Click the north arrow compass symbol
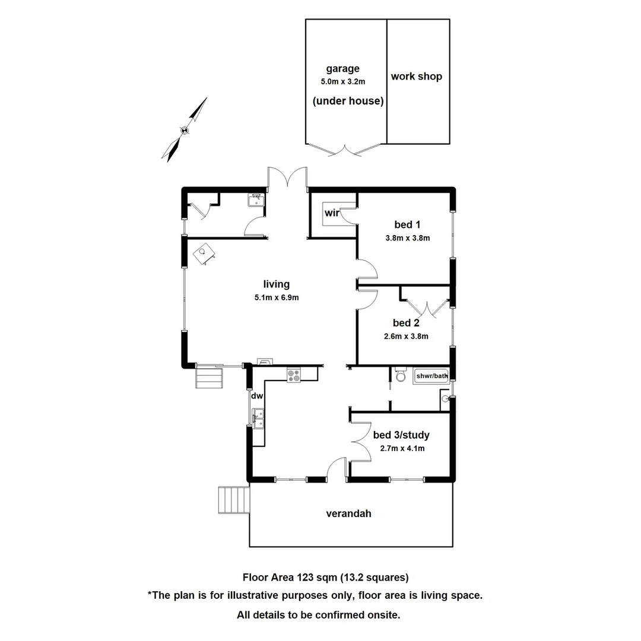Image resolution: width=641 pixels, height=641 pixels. click(x=185, y=130)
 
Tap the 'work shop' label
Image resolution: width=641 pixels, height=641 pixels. click(x=416, y=77)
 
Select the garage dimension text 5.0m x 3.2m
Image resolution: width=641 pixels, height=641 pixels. click(x=342, y=81)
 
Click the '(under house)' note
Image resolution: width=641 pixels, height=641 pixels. click(x=348, y=101)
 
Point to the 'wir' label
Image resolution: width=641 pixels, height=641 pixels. click(x=332, y=213)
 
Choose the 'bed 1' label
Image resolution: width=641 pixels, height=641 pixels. click(x=407, y=224)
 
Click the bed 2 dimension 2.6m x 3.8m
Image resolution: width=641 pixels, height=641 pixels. click(x=407, y=336)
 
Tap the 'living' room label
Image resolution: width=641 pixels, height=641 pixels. click(x=277, y=284)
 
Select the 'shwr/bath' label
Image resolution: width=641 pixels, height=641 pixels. click(x=431, y=376)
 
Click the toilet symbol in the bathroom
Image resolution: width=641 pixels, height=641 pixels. click(x=401, y=376)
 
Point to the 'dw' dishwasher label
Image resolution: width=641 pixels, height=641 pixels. click(x=256, y=396)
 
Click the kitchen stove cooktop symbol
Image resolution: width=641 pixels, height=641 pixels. click(x=294, y=375)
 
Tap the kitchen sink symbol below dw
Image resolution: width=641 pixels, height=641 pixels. click(x=258, y=418)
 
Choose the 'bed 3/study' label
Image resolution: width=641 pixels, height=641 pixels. click(x=401, y=435)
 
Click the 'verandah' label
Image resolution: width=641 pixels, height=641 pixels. click(x=349, y=513)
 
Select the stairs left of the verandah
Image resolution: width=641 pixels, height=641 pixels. click(x=233, y=500)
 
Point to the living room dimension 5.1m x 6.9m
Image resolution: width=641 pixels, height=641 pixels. click(x=277, y=298)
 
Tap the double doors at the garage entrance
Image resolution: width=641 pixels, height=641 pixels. click(x=346, y=150)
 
